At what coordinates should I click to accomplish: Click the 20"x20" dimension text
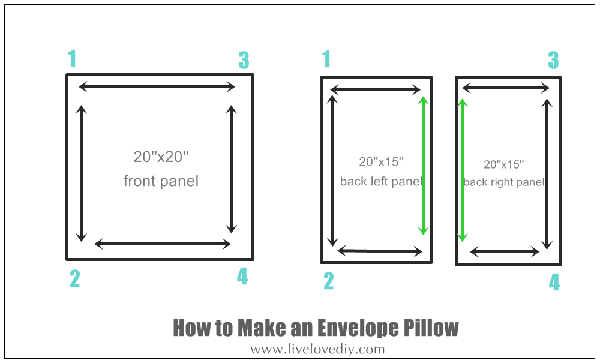(161, 157)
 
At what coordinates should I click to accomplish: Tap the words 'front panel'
(161, 181)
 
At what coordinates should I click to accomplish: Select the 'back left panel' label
(381, 181)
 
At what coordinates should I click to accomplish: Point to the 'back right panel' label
(503, 182)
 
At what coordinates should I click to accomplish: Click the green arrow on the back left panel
(423, 166)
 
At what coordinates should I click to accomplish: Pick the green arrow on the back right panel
(462, 170)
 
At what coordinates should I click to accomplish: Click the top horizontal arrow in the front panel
(157, 87)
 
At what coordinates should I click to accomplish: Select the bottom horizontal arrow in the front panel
(163, 244)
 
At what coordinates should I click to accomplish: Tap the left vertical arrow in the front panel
(81, 173)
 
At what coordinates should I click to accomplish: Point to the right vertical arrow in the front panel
(231, 169)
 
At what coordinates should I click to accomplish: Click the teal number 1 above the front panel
(72, 59)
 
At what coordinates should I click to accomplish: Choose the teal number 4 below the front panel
(242, 276)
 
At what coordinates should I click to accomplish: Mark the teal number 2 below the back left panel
(329, 281)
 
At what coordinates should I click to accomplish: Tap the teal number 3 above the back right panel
(553, 60)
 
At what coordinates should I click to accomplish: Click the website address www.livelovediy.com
(317, 349)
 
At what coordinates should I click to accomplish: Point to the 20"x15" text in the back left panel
(381, 162)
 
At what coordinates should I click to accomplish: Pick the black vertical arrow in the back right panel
(548, 174)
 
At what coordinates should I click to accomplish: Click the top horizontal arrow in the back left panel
(376, 90)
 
